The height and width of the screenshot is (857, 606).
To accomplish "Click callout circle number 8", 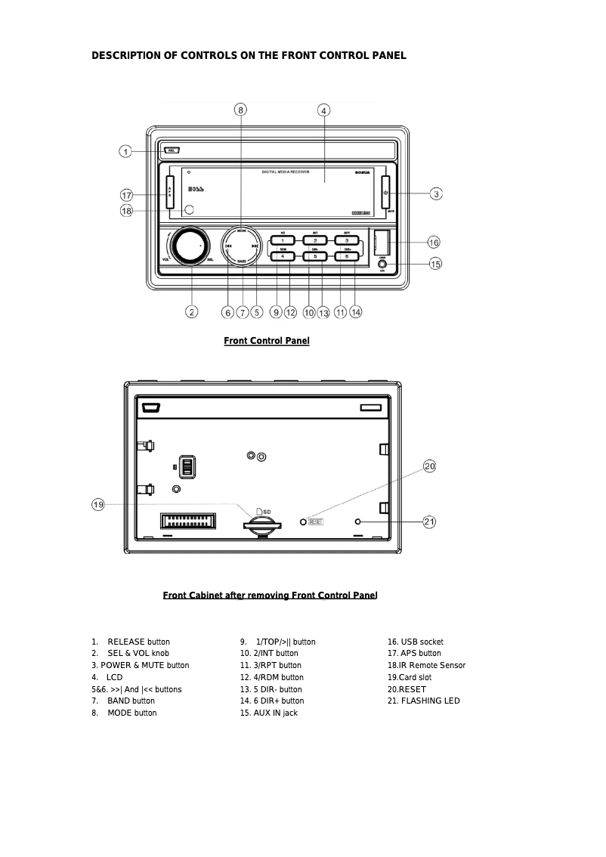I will (240, 110).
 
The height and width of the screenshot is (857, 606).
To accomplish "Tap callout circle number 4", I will (323, 110).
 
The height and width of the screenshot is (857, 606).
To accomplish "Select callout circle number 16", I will (433, 243).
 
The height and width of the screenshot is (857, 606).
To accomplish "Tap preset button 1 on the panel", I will (283, 240).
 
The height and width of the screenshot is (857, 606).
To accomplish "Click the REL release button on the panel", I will (172, 150).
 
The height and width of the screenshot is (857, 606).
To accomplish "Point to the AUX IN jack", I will (382, 265).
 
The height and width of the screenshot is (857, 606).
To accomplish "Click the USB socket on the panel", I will (382, 243).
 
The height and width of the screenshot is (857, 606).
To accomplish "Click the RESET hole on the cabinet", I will (304, 521).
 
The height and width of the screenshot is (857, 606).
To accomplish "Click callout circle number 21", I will (429, 521).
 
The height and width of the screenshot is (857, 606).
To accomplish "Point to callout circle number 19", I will (98, 504).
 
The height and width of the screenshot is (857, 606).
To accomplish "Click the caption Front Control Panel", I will (266, 341).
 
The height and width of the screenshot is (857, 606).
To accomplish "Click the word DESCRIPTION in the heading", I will (133, 55).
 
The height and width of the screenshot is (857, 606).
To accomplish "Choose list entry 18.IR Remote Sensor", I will (426, 665).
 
